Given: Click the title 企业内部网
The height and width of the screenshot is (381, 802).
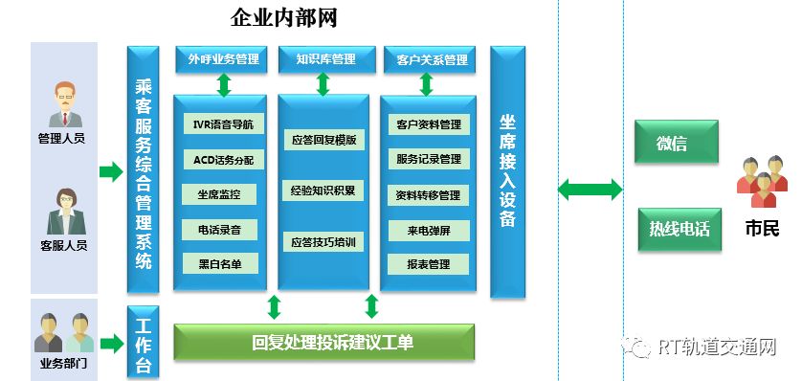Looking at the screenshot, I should point(283,17).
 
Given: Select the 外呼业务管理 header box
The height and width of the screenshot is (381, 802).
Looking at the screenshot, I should point(221,59).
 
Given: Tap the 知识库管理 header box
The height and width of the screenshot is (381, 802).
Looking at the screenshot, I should point(324,59).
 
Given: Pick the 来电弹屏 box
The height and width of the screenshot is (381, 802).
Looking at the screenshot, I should point(428,230).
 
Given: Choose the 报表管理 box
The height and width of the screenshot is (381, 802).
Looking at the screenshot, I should point(428,264).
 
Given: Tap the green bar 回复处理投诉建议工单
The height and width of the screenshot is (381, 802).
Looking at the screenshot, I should point(324,342).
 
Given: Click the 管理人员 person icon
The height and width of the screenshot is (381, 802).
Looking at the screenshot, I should point(63,103).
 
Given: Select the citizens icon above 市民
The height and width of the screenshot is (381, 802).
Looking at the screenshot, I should point(760,182).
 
